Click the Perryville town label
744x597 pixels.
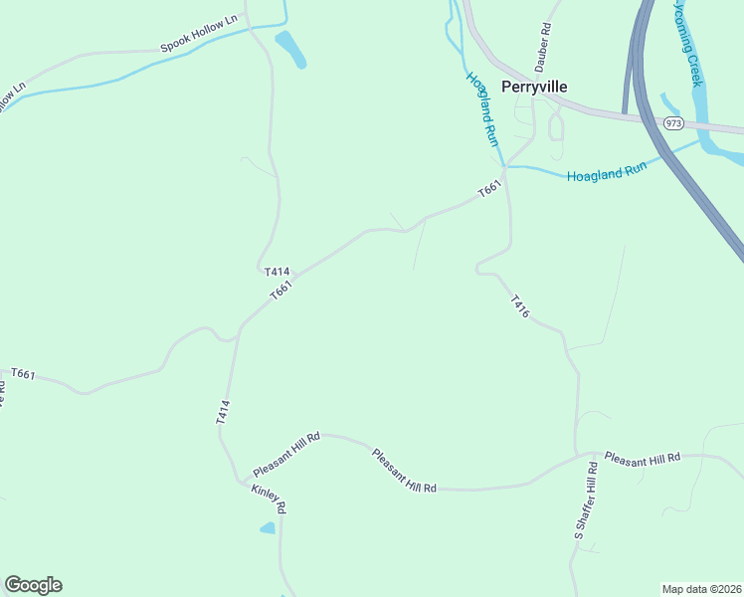pos(534,87)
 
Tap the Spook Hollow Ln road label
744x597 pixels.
pos(201,34)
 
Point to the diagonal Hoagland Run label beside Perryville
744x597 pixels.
pos(481,108)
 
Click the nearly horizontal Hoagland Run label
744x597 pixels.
pos(607,171)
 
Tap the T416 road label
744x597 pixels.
pos(520,306)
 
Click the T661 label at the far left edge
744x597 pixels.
pos(24,374)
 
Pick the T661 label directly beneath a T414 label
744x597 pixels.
pos(281,290)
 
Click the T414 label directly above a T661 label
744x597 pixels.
pos(277,271)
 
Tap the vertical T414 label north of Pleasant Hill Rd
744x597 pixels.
pos(224,413)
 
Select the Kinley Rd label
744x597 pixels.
pos(269,498)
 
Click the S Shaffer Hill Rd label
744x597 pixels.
pos(587,502)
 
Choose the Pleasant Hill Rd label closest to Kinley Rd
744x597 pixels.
pos(286,453)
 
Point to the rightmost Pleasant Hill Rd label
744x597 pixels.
pos(642,459)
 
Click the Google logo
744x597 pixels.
pos(33,585)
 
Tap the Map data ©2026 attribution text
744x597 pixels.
pos(701,588)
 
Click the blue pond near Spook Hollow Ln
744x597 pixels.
pos(290,49)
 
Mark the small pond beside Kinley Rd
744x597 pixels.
pos(267,528)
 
